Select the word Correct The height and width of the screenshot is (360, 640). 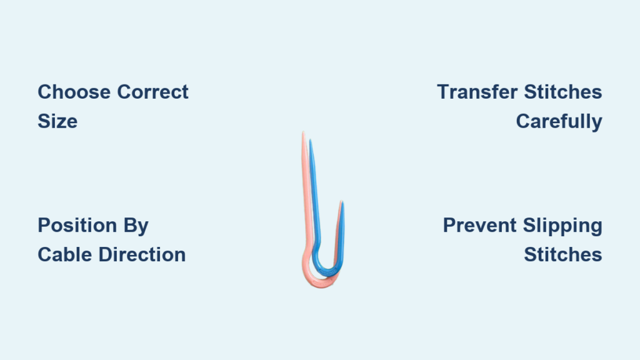(x=152, y=92)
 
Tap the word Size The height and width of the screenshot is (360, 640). (x=57, y=121)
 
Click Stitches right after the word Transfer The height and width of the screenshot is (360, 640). (x=563, y=92)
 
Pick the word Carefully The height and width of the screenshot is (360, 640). (x=559, y=122)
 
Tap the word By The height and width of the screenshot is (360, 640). (x=136, y=226)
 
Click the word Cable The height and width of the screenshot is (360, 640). (x=65, y=254)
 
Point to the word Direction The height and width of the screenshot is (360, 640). (x=142, y=254)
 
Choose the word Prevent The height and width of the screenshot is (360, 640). (x=480, y=225)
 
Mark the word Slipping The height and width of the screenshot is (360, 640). (x=562, y=226)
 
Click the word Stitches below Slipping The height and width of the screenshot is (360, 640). (x=563, y=254)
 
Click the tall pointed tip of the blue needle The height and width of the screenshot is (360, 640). (x=311, y=140)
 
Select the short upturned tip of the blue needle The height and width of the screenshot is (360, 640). (x=342, y=202)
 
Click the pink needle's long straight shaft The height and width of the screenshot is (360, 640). (x=305, y=192)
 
